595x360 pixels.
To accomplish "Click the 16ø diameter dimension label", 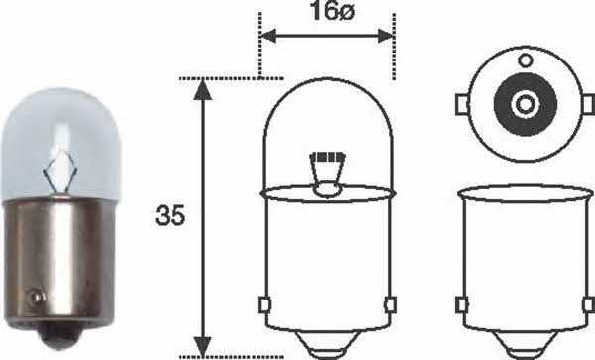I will point(327,15).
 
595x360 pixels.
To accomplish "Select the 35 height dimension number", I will point(171,217).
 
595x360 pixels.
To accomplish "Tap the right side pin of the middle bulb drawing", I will point(392,303).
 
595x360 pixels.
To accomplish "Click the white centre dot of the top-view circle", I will point(523,102).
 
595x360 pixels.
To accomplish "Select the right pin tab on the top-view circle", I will point(587,102).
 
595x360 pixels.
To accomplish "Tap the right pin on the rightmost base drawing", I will point(587,303).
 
